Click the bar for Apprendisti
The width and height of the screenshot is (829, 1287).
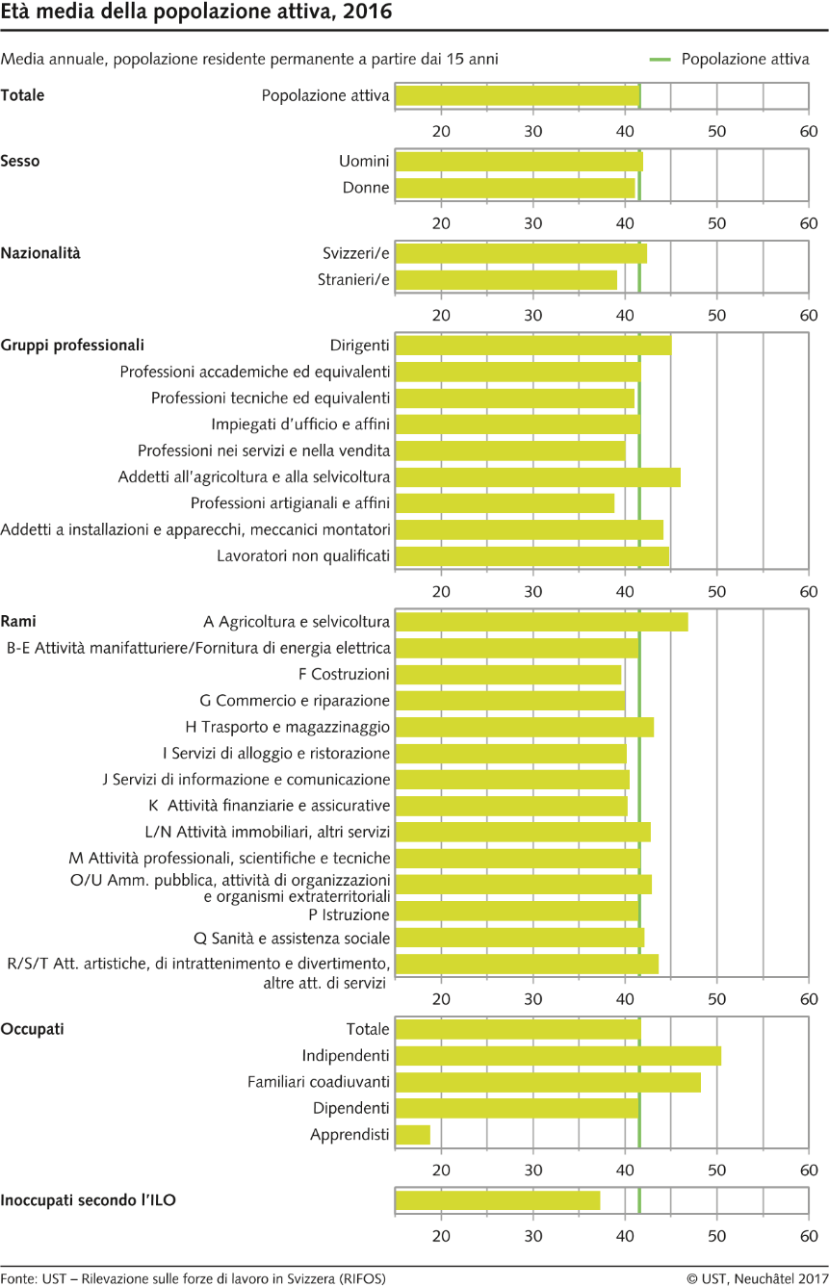(x=412, y=1134)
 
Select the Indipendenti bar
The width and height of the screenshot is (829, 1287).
(x=557, y=1055)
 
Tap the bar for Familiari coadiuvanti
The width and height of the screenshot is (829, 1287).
(x=548, y=1082)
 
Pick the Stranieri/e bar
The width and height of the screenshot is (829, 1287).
(x=506, y=280)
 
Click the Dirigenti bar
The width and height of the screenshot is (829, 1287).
(x=533, y=346)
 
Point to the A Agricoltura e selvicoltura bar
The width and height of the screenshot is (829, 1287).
(x=542, y=622)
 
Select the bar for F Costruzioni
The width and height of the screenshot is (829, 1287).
(x=508, y=675)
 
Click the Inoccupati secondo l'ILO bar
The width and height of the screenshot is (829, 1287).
(x=498, y=1200)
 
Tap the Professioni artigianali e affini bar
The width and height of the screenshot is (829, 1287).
(x=505, y=503)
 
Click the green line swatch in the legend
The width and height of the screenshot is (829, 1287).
(x=661, y=59)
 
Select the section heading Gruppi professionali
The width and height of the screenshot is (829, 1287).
(x=72, y=346)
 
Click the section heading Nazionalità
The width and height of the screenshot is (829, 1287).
(x=40, y=253)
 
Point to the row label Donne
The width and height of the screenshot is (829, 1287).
(x=366, y=188)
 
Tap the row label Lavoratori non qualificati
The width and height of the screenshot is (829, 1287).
(x=303, y=555)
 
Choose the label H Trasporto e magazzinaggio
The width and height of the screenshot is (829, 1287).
(x=287, y=727)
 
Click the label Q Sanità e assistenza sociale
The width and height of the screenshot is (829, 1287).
(x=292, y=939)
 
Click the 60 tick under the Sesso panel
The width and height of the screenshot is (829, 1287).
(x=809, y=223)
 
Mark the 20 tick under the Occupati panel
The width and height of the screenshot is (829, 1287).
(x=441, y=1170)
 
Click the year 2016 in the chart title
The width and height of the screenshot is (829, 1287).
(x=367, y=11)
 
